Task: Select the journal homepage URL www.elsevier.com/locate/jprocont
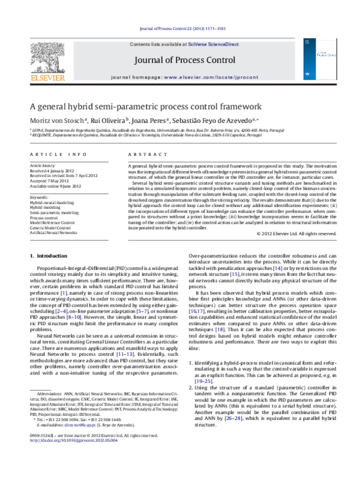click(x=207, y=78)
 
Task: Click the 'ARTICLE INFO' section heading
click(x=54, y=154)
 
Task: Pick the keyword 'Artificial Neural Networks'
click(x=53, y=232)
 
